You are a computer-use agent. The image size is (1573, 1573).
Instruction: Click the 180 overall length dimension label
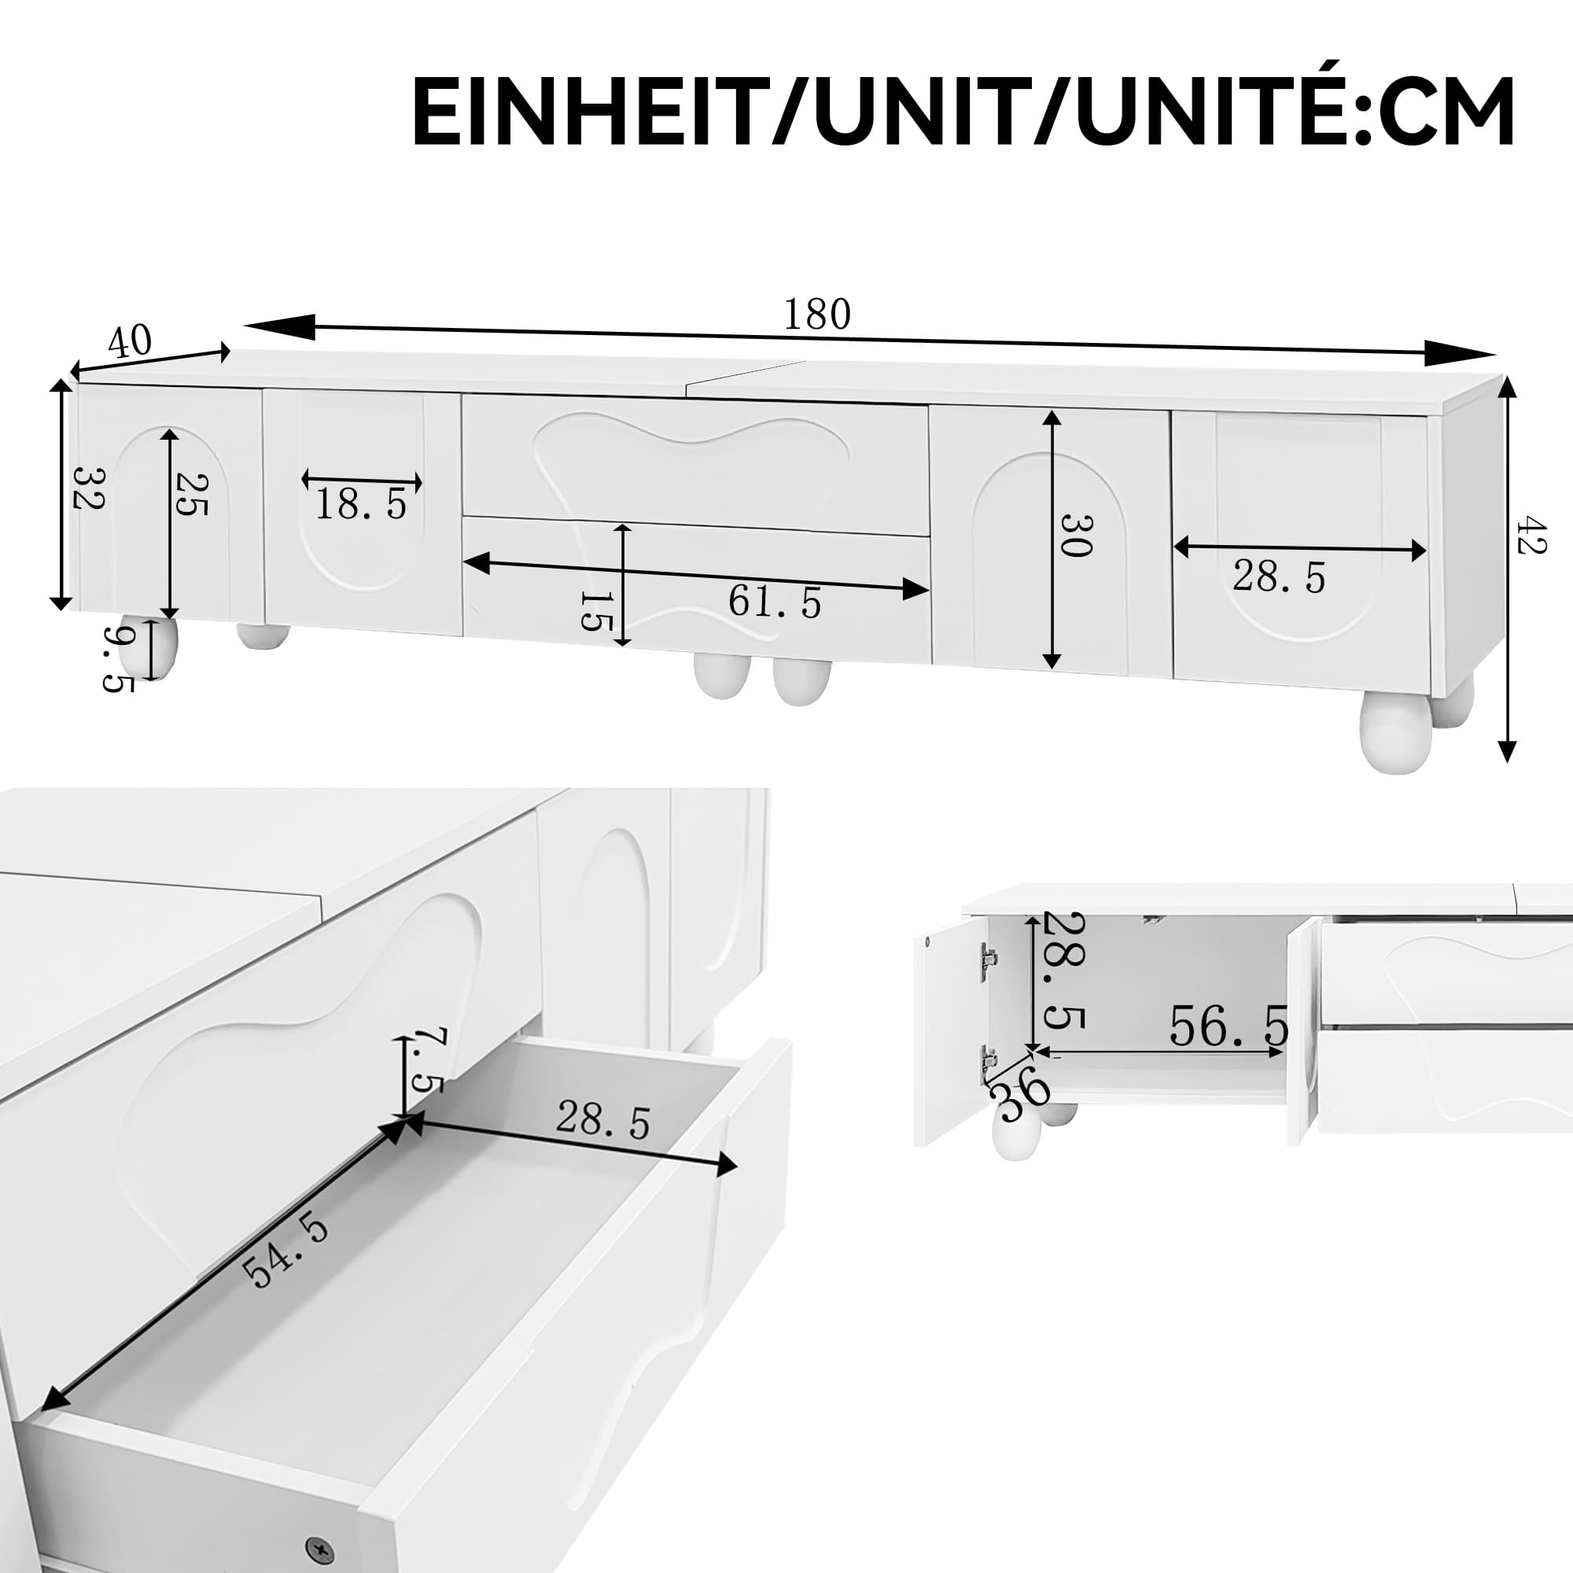816,315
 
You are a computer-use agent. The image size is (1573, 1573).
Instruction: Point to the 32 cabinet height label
88,488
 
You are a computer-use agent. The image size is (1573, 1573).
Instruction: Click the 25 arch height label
192,494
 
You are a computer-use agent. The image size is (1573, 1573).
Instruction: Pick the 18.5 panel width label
361,505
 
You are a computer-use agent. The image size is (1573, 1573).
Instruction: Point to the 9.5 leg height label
119,658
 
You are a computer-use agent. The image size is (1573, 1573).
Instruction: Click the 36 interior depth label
1022,1089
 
